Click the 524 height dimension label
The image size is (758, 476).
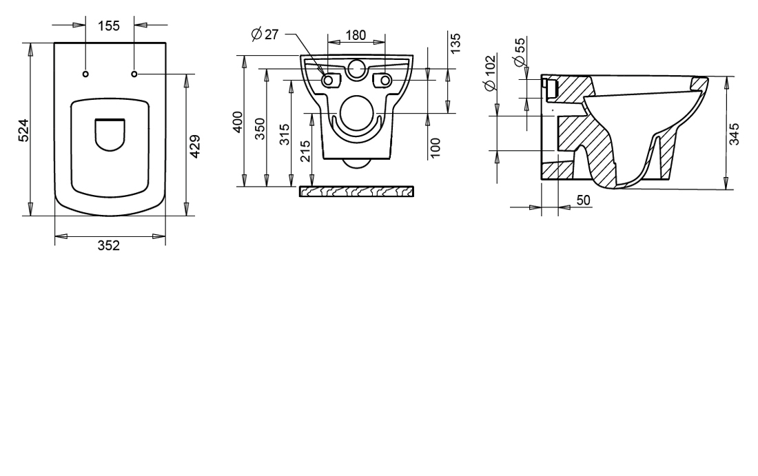[x=24, y=130]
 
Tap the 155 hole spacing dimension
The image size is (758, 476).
[x=109, y=25]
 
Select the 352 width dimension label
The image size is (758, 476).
[x=109, y=245]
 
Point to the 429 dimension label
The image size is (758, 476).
[x=195, y=147]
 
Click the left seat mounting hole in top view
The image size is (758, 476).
[x=85, y=74]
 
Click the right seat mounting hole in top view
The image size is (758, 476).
[x=134, y=74]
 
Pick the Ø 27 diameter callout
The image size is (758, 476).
[x=265, y=34]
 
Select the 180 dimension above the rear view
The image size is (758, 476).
[x=356, y=35]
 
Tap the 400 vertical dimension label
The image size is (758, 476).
[x=238, y=122]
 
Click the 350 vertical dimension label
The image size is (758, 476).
[x=260, y=129]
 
